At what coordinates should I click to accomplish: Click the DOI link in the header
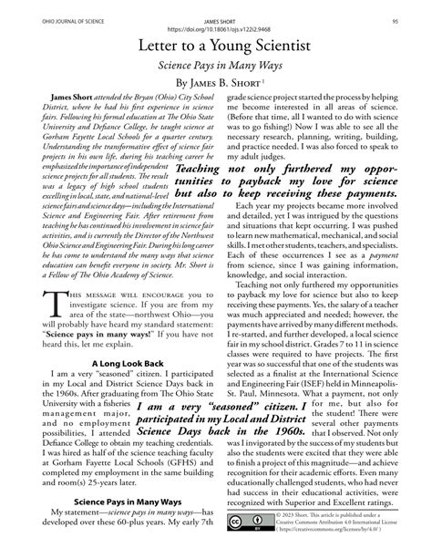point(215,26)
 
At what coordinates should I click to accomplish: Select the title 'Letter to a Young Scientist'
point(215,47)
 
